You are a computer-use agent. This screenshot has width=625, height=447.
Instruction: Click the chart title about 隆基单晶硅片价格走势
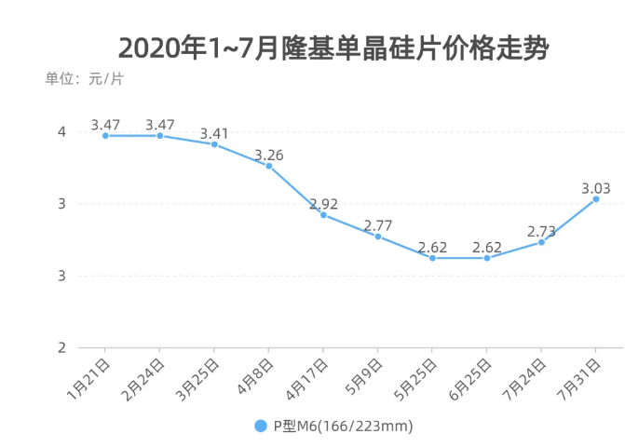coord(333,47)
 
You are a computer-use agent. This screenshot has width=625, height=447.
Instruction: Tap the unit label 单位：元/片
coord(84,78)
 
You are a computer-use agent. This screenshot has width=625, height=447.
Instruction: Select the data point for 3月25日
coord(214,144)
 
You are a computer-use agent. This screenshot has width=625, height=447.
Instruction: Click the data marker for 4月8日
coord(269,166)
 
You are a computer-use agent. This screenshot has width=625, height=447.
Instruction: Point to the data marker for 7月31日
coord(596,199)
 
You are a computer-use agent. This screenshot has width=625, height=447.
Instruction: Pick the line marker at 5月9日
coord(378,237)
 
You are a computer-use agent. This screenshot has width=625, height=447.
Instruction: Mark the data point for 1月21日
coord(105,136)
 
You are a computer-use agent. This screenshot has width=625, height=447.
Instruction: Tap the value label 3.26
coord(269,155)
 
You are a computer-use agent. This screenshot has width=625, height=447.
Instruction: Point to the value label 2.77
coord(378,225)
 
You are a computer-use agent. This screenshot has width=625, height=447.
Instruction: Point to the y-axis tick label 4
coord(61,132)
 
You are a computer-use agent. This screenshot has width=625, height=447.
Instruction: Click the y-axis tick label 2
coord(61,347)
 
